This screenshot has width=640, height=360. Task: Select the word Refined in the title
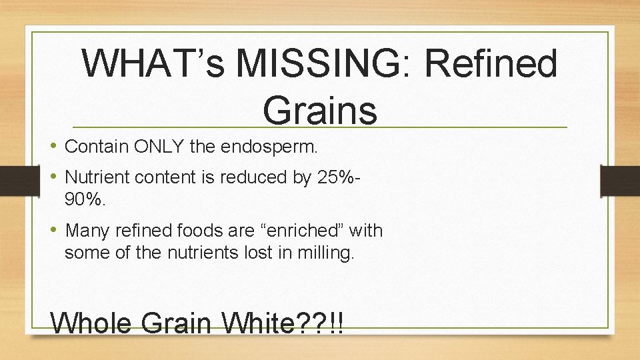(490, 65)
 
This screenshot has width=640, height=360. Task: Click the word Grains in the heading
(320, 109)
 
